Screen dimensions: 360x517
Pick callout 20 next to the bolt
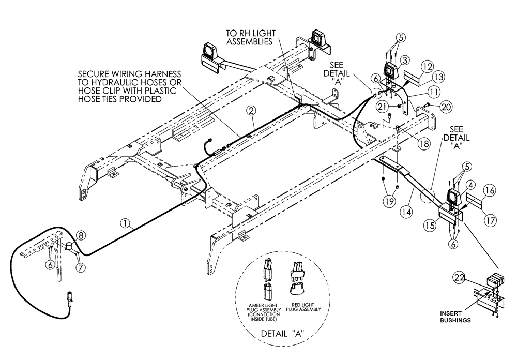pyautogui.click(x=446, y=107)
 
